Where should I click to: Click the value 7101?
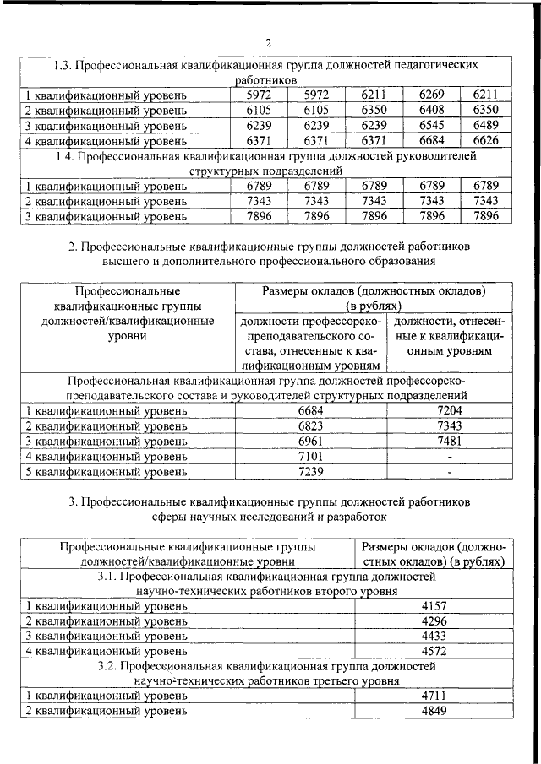310,457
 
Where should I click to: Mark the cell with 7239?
310,472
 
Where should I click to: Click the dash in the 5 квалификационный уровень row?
449,473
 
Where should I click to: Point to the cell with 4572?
432,651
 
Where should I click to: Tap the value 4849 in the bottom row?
432,711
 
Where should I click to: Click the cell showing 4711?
432,696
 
